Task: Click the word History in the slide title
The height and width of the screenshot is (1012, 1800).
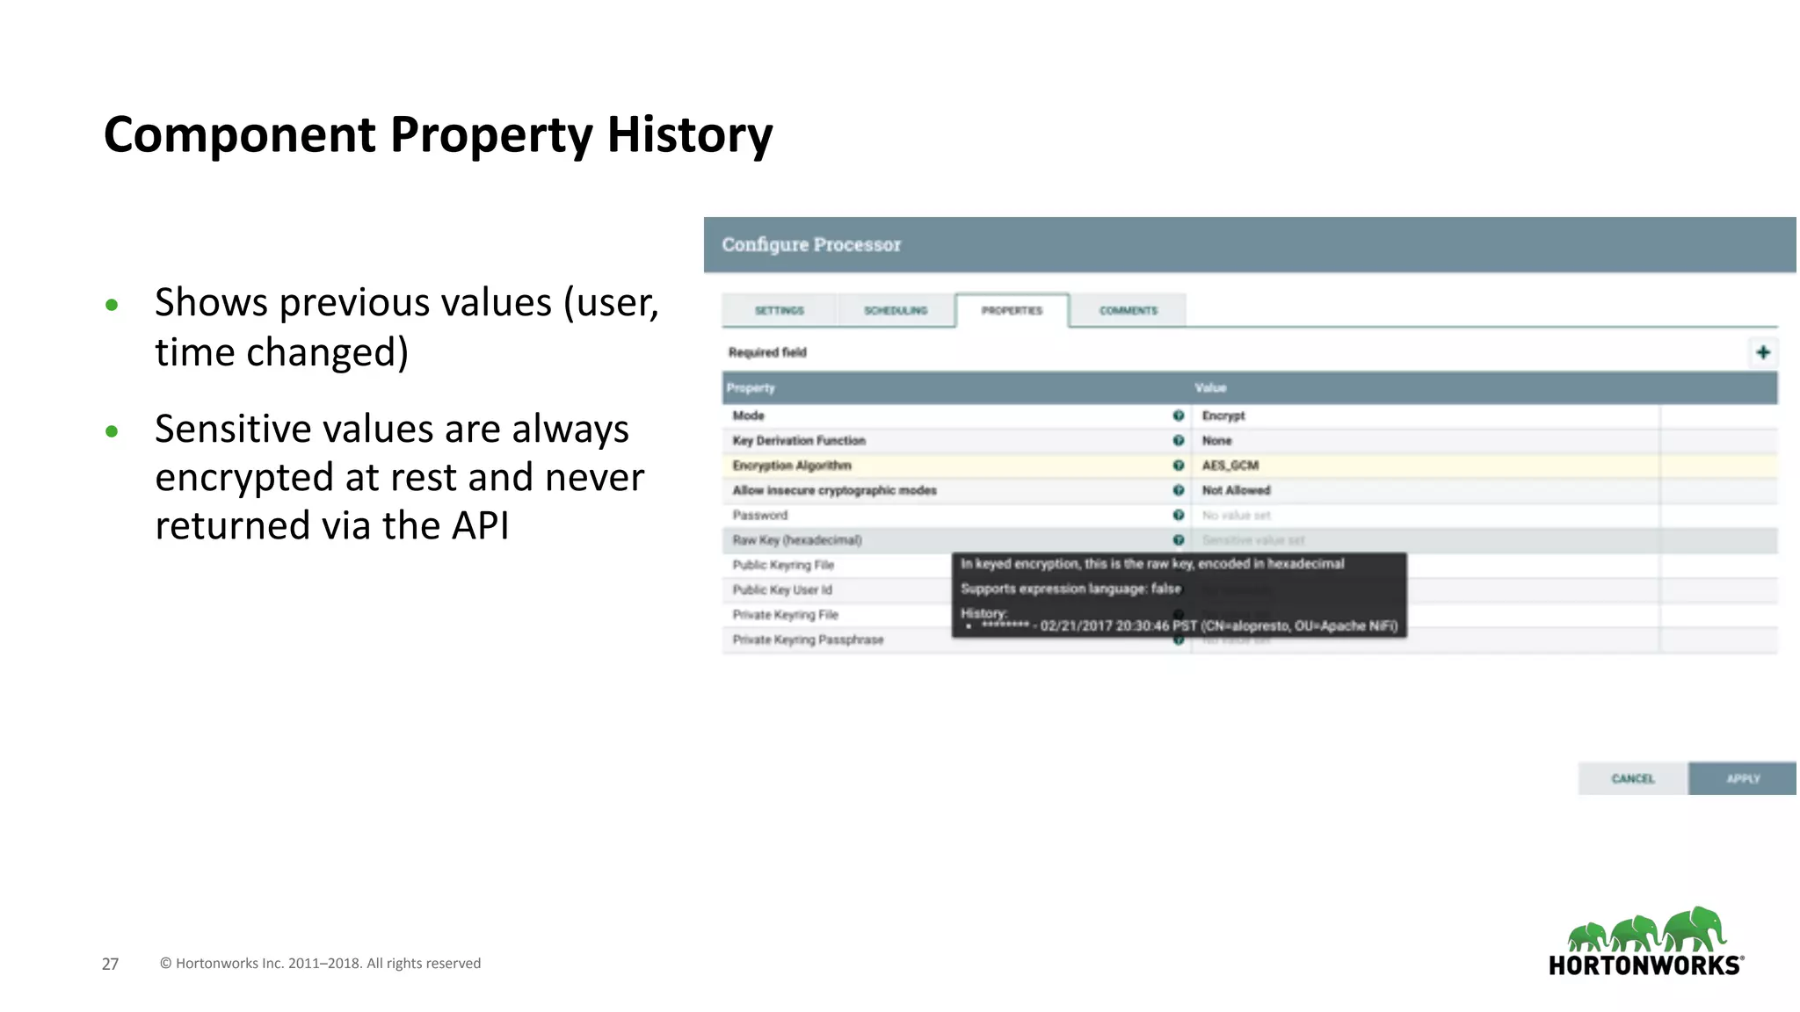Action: pyautogui.click(x=689, y=134)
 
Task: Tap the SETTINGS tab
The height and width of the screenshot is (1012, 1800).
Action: pyautogui.click(x=780, y=310)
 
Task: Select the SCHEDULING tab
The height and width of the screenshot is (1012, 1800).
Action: pyautogui.click(x=896, y=310)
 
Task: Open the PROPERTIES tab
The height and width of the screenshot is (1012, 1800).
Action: pyautogui.click(x=1012, y=310)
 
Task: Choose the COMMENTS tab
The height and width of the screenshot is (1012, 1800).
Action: pyautogui.click(x=1129, y=310)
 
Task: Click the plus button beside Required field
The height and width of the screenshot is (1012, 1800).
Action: pyautogui.click(x=1763, y=352)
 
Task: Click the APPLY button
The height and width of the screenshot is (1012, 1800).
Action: pyautogui.click(x=1742, y=778)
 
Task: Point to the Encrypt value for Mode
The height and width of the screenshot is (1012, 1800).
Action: pyautogui.click(x=1223, y=416)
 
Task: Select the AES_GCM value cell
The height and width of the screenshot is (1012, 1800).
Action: pyautogui.click(x=1230, y=466)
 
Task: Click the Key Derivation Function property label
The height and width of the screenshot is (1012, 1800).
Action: pyautogui.click(x=799, y=441)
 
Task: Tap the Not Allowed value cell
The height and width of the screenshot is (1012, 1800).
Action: pyautogui.click(x=1236, y=490)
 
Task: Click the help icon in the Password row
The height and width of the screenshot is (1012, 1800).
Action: pyautogui.click(x=1179, y=515)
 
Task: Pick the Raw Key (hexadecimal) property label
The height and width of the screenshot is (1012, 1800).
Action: pyautogui.click(x=797, y=540)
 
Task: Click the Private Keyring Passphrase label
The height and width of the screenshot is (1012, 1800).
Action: pyautogui.click(x=808, y=640)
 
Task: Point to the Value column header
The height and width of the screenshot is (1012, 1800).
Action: pyautogui.click(x=1210, y=387)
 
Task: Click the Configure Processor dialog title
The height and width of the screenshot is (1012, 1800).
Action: pyautogui.click(x=811, y=244)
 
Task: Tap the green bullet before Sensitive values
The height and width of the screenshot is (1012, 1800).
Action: pyautogui.click(x=112, y=431)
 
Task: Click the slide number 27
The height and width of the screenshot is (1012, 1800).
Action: pyautogui.click(x=110, y=964)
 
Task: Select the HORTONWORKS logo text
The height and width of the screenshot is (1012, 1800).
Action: pyautogui.click(x=1644, y=965)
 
